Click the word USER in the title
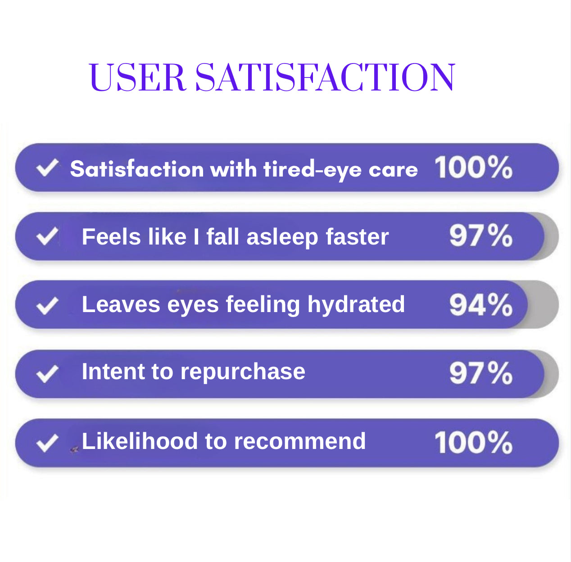click(137, 77)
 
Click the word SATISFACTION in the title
click(325, 77)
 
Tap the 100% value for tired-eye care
click(474, 168)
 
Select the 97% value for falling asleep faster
click(480, 236)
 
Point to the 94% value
click(480, 304)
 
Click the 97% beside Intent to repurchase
click(480, 373)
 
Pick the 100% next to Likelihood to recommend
click(474, 442)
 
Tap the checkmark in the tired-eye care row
click(47, 168)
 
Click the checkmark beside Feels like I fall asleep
click(47, 236)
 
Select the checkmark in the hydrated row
click(47, 305)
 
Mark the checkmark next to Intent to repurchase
click(47, 374)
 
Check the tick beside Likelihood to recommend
click(47, 443)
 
